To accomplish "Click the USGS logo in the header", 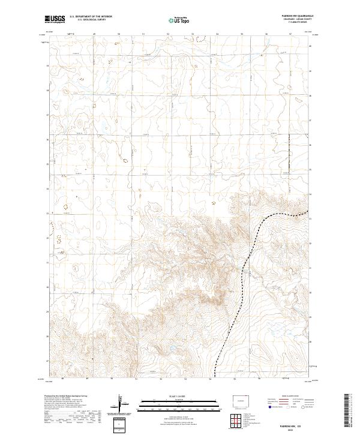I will (x=55, y=19).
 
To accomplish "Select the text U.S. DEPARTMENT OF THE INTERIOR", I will (x=91, y=17).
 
